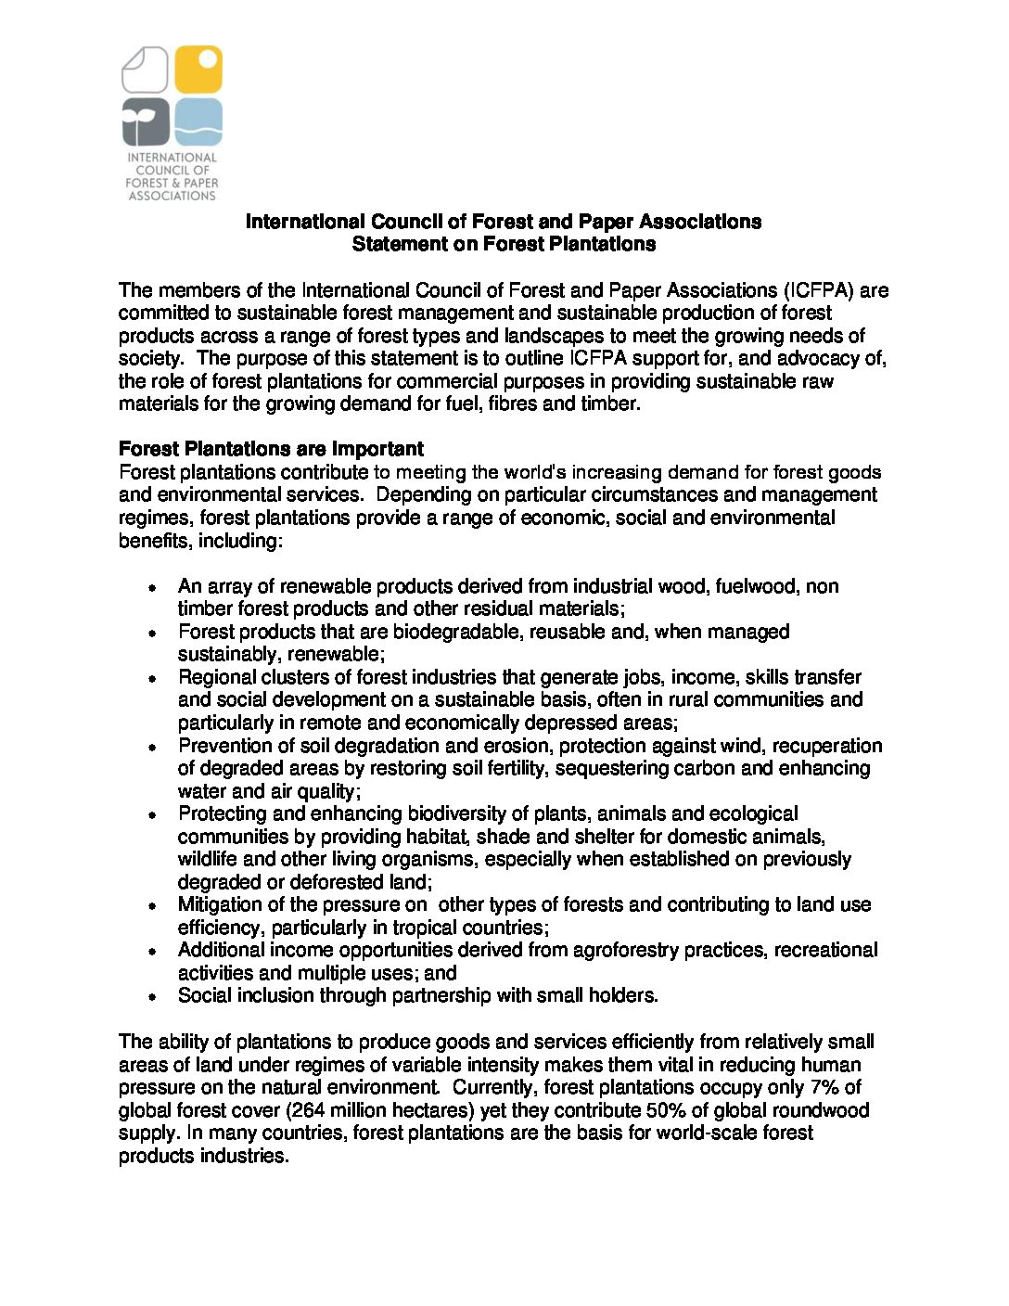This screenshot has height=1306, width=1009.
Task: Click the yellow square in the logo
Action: tap(198, 70)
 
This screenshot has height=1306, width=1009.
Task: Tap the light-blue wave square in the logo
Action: tap(198, 122)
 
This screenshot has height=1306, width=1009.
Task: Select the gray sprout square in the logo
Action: tap(146, 122)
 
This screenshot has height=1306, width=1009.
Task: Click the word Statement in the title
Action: tap(394, 244)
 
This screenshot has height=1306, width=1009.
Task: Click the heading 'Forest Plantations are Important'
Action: tap(271, 449)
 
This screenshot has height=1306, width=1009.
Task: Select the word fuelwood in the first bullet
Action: tap(751, 586)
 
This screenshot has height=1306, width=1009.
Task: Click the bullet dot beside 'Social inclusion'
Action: tap(152, 997)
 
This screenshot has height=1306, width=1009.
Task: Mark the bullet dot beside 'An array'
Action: tap(152, 588)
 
